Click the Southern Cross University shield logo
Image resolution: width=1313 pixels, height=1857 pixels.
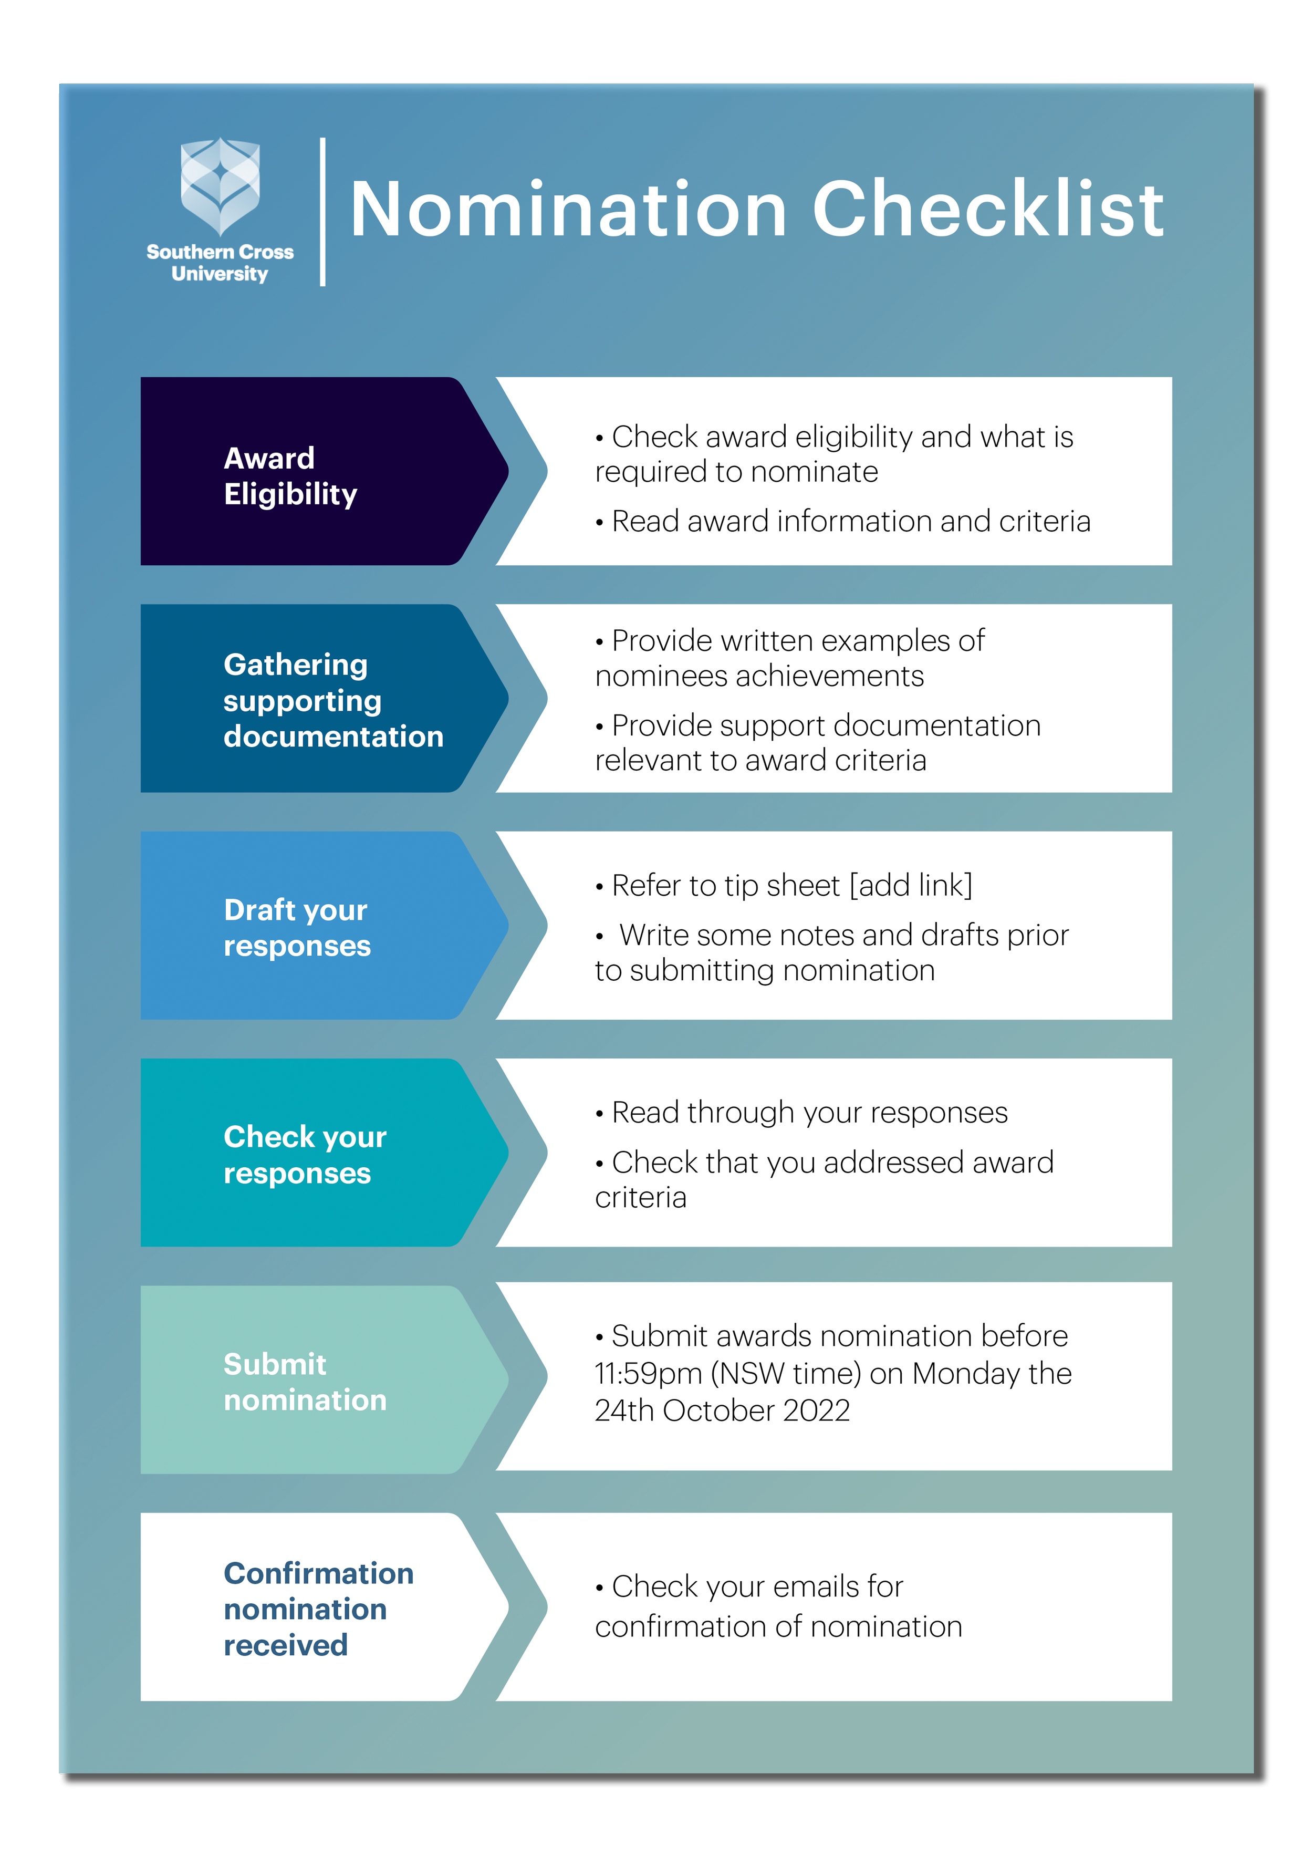pyautogui.click(x=220, y=186)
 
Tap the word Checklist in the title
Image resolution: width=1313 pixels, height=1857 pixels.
pyautogui.click(x=987, y=210)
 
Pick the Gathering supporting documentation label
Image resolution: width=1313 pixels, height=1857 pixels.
pyautogui.click(x=333, y=700)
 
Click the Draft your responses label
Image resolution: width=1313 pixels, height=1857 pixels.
pyautogui.click(x=297, y=928)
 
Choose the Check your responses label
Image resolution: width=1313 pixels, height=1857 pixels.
pyautogui.click(x=305, y=1155)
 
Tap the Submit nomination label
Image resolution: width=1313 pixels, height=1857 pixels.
pyautogui.click(x=305, y=1382)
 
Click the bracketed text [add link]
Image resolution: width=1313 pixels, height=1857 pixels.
pyautogui.click(x=911, y=886)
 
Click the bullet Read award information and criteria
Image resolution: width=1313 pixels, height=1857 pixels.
pyautogui.click(x=850, y=522)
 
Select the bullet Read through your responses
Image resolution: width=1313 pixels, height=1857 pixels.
pyautogui.click(x=809, y=1113)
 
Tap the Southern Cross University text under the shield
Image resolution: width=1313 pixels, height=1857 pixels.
pyautogui.click(x=220, y=263)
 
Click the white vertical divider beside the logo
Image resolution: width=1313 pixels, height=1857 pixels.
pyautogui.click(x=322, y=212)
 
